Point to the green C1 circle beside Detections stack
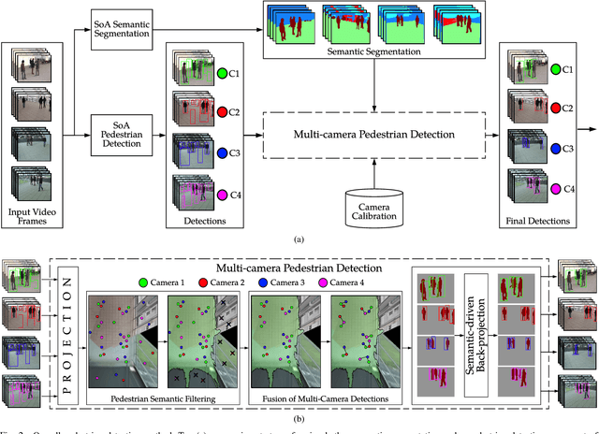[x=221, y=73]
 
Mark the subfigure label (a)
[x=298, y=239]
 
